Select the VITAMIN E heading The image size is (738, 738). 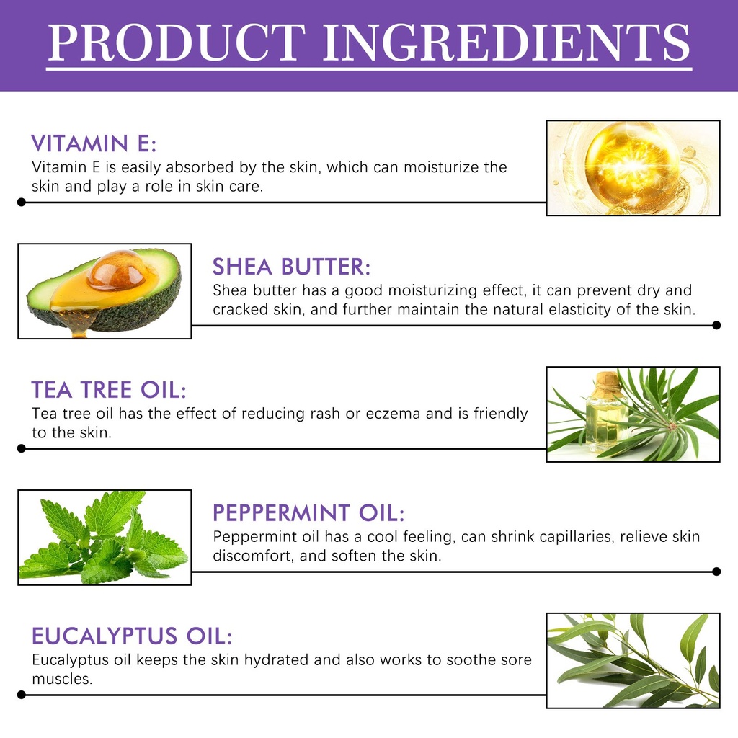point(94,143)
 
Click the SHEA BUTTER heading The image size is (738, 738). point(291,267)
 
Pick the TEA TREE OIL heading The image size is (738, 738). point(109,390)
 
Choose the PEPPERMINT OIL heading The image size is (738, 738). point(308,513)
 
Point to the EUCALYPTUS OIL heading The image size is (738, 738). point(132,636)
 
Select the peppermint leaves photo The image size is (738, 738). point(105,538)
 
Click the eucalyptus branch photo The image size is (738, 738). point(633,660)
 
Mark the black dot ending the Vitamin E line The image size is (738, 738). point(21,202)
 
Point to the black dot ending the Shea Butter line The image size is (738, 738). point(716,325)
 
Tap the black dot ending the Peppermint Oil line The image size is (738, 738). point(716,572)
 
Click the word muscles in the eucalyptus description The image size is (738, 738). point(62,679)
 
